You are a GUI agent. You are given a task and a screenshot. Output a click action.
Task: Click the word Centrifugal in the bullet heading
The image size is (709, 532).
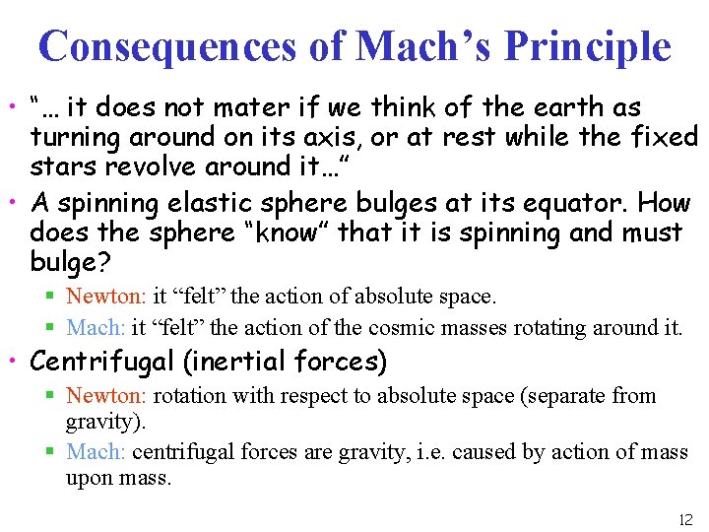[x=102, y=362]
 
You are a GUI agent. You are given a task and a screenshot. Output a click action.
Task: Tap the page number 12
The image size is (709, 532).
[x=685, y=519]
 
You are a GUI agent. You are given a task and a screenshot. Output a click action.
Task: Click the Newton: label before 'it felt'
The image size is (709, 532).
[x=105, y=295]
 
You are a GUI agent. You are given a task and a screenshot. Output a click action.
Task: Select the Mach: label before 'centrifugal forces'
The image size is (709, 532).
[x=96, y=452]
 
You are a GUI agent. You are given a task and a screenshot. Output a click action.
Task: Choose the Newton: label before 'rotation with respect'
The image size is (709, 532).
[x=105, y=396]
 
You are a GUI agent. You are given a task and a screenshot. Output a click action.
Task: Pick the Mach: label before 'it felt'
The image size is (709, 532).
[x=96, y=327]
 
